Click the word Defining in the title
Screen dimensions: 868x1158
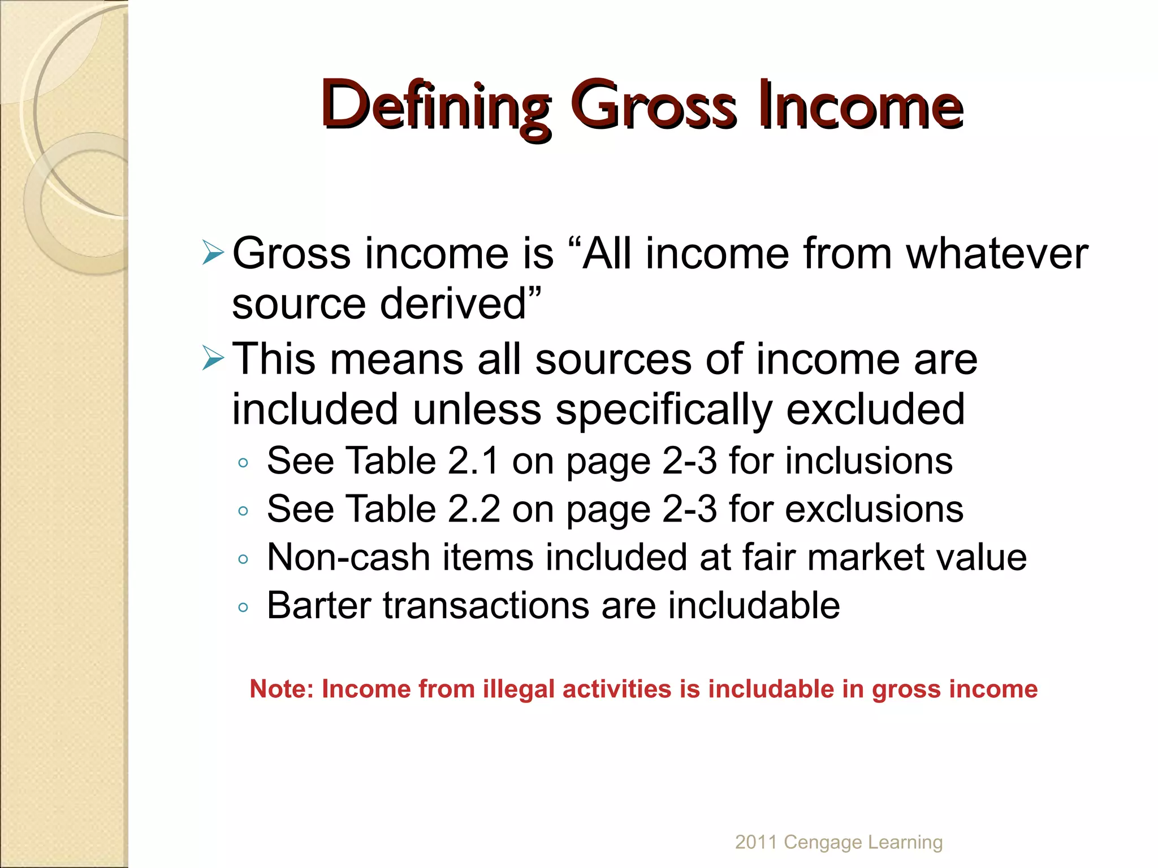[435, 106]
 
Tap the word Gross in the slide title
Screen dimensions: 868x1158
[653, 106]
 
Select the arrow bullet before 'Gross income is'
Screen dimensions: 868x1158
[213, 253]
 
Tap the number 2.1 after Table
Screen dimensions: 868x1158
[473, 461]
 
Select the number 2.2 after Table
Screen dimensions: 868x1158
[473, 509]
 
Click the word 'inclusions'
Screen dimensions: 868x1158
[868, 461]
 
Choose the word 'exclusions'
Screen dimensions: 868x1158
[874, 509]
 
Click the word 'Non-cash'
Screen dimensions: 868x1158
[349, 557]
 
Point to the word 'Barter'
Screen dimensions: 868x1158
[319, 605]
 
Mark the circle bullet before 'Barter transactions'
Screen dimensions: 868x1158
[243, 608]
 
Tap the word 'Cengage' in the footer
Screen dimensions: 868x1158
[823, 843]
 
